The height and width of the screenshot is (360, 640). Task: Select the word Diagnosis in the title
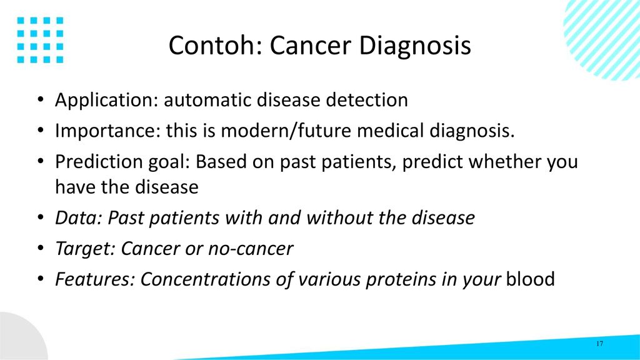(x=415, y=46)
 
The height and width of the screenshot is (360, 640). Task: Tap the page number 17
(x=599, y=344)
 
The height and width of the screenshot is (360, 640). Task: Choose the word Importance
(x=107, y=131)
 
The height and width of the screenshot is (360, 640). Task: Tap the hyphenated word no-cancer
(x=250, y=249)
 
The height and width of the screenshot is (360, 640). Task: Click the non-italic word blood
(x=530, y=279)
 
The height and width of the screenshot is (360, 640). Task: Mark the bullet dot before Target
(x=40, y=248)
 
